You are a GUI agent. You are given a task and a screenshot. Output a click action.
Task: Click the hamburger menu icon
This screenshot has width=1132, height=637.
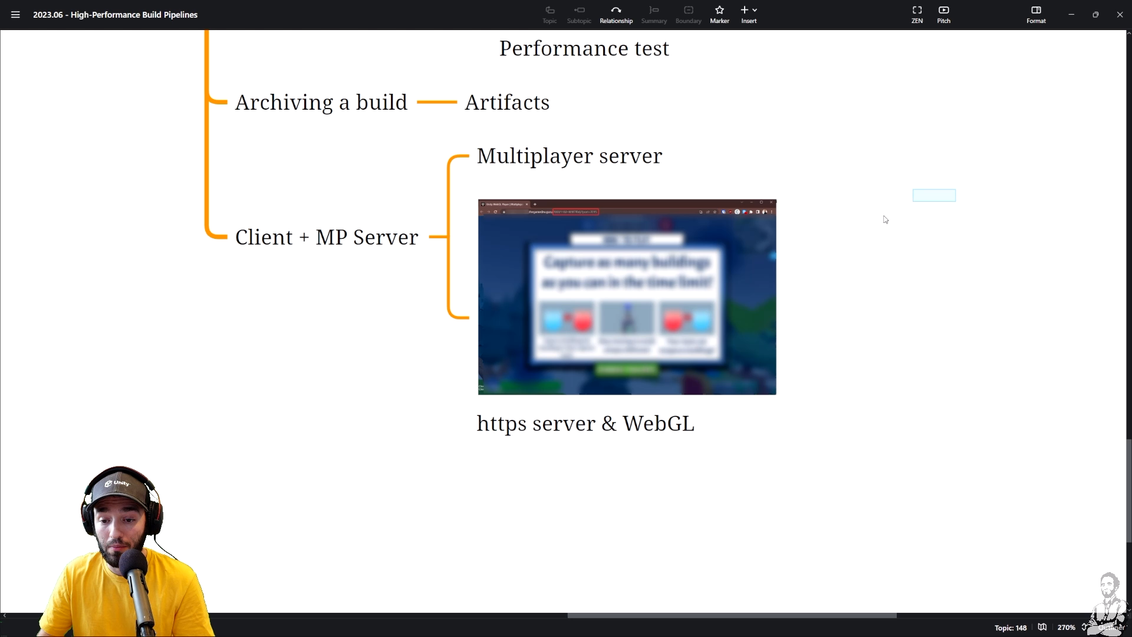(x=15, y=15)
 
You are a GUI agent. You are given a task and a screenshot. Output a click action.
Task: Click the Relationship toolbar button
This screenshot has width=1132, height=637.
(x=616, y=14)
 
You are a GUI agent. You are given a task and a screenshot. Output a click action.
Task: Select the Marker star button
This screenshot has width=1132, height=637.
(x=719, y=14)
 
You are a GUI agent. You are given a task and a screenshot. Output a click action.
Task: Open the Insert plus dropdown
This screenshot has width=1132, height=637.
(x=749, y=14)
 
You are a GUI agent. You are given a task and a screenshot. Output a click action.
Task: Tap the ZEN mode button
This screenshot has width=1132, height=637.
(x=917, y=14)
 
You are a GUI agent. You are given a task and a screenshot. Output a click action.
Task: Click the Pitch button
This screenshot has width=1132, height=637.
(x=943, y=14)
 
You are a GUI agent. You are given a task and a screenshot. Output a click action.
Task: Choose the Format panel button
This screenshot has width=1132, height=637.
(x=1036, y=14)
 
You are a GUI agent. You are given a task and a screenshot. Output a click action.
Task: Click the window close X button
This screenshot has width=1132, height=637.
(x=1120, y=15)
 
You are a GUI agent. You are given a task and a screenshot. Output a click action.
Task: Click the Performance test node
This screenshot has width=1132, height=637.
(x=584, y=48)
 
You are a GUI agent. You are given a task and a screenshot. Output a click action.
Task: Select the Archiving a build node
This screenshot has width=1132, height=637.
(x=321, y=103)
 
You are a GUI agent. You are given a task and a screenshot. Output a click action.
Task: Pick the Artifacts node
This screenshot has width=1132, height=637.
(x=507, y=103)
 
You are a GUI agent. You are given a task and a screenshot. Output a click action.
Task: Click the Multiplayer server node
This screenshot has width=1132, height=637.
(x=569, y=156)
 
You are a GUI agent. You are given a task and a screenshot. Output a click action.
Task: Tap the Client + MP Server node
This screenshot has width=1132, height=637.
(x=327, y=238)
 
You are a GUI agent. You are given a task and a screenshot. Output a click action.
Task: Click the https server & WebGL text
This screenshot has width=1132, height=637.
(x=585, y=423)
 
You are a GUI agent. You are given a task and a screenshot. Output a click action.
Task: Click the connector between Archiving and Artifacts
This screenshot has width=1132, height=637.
(x=437, y=102)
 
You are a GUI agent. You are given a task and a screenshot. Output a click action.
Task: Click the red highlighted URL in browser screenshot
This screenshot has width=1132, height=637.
(x=575, y=212)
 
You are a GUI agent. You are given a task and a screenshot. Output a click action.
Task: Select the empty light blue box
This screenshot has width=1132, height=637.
(x=934, y=195)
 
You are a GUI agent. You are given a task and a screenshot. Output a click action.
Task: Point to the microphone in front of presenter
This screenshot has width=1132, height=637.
(x=134, y=566)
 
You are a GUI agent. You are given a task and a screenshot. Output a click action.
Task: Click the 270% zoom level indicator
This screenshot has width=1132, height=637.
(x=1066, y=628)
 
